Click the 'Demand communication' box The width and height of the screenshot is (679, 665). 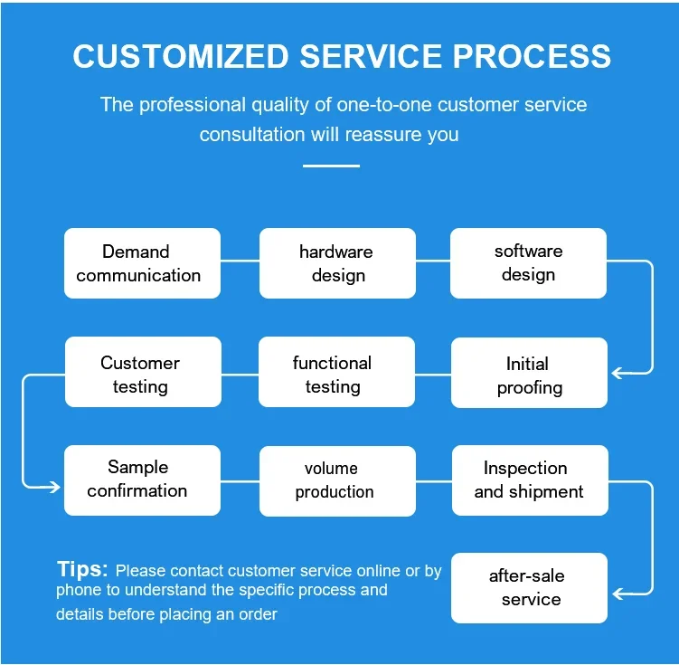click(143, 263)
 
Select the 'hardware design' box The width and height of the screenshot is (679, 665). click(337, 263)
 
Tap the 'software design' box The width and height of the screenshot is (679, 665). click(528, 263)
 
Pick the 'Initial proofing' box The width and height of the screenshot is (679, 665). click(529, 373)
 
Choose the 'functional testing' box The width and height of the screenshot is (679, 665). click(336, 372)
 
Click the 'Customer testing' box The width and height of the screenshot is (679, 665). click(144, 372)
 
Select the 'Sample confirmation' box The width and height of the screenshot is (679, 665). click(143, 480)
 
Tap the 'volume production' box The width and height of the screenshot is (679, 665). click(337, 480)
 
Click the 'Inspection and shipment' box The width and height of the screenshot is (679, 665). click(530, 480)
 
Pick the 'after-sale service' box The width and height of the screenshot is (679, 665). click(529, 588)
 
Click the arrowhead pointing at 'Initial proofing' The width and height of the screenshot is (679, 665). click(617, 373)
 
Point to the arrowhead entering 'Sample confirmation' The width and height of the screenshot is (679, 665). click(55, 487)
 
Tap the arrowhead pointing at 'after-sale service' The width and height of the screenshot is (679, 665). click(618, 594)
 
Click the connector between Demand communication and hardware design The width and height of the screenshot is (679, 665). click(240, 261)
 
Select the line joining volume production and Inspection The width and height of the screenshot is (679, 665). click(434, 480)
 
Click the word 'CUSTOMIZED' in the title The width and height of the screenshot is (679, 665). click(181, 56)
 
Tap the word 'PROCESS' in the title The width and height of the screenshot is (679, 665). click(532, 56)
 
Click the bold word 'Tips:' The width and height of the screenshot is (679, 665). click(82, 568)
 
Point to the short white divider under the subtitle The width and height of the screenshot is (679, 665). click(331, 166)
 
